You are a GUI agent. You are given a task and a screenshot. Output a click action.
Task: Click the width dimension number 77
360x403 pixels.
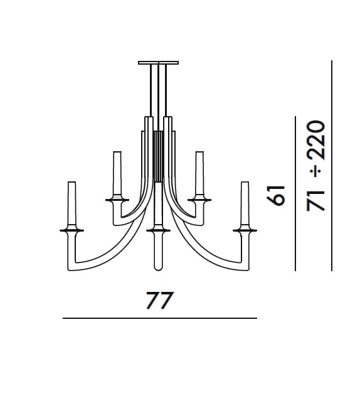pyautogui.click(x=159, y=301)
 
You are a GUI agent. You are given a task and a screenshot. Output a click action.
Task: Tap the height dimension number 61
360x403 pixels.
pyautogui.click(x=277, y=195)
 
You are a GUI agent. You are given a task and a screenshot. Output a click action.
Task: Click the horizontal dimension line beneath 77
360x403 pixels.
pyautogui.click(x=159, y=318)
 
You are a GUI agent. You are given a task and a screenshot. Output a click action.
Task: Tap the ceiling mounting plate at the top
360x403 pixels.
pyautogui.click(x=158, y=62)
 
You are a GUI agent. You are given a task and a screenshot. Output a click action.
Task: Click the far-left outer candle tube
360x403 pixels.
pyautogui.click(x=71, y=204)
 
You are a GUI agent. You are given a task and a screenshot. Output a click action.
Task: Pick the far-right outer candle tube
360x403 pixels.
pyautogui.click(x=245, y=204)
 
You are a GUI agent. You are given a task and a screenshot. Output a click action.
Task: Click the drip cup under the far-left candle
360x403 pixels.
pyautogui.click(x=71, y=230)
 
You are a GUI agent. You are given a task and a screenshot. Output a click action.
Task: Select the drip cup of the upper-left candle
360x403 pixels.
pyautogui.click(x=117, y=199)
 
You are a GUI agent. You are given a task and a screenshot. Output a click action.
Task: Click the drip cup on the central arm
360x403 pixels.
pyautogui.click(x=158, y=230)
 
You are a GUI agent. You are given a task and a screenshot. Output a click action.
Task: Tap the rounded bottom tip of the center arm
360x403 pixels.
pyautogui.click(x=158, y=269)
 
